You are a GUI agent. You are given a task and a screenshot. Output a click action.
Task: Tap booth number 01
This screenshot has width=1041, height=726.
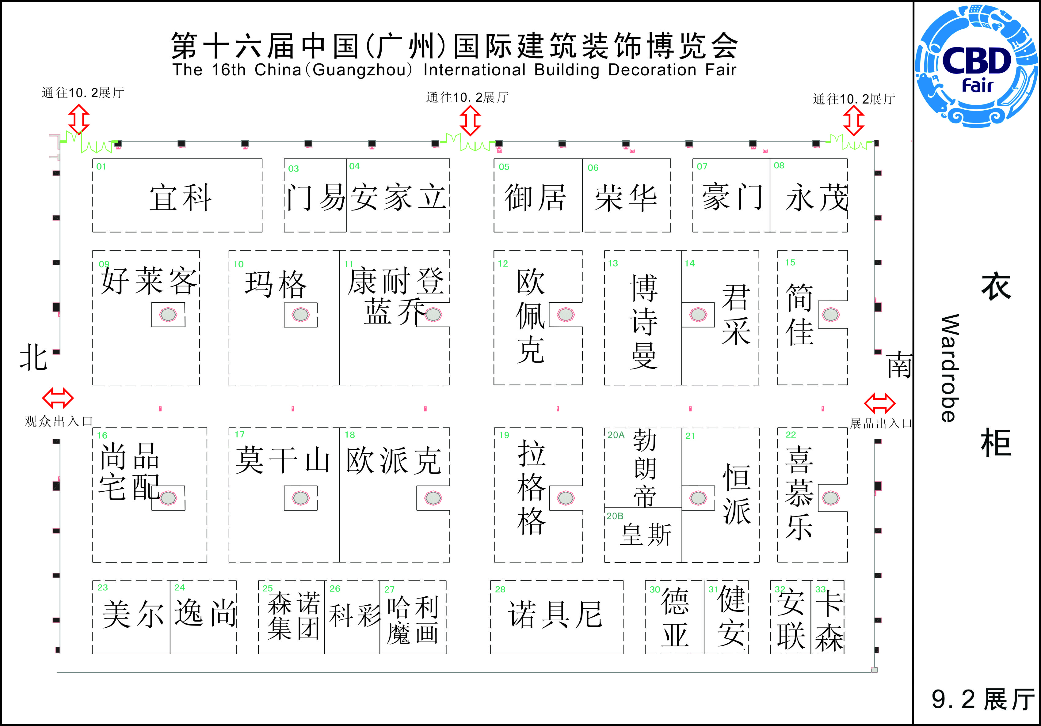point(101,167)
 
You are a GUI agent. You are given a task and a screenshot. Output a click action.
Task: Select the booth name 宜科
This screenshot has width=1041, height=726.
point(181,198)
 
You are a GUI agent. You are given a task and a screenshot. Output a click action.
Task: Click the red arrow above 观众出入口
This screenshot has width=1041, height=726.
point(58,398)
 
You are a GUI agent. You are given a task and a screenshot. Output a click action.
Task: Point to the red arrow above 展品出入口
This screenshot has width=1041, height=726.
point(879,403)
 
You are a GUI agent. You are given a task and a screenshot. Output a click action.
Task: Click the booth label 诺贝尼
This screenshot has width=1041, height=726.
point(555,615)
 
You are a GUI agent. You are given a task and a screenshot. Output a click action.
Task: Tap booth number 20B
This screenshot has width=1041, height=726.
point(615,516)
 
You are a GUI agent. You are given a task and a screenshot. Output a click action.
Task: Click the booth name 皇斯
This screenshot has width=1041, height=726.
point(646,535)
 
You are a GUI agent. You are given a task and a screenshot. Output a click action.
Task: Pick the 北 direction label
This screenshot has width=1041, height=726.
point(33,357)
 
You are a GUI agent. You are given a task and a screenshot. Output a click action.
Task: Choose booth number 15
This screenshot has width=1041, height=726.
point(790,263)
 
